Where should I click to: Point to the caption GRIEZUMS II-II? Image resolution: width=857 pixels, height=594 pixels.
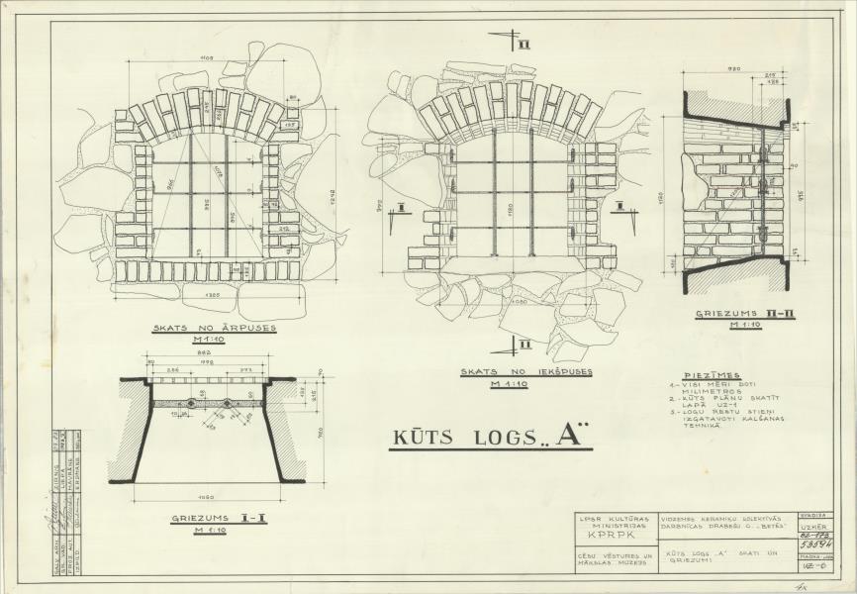pos(733,314)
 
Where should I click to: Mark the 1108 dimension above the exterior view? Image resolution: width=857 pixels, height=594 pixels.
pos(207,59)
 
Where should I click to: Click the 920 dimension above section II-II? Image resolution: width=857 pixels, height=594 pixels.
pos(735,69)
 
